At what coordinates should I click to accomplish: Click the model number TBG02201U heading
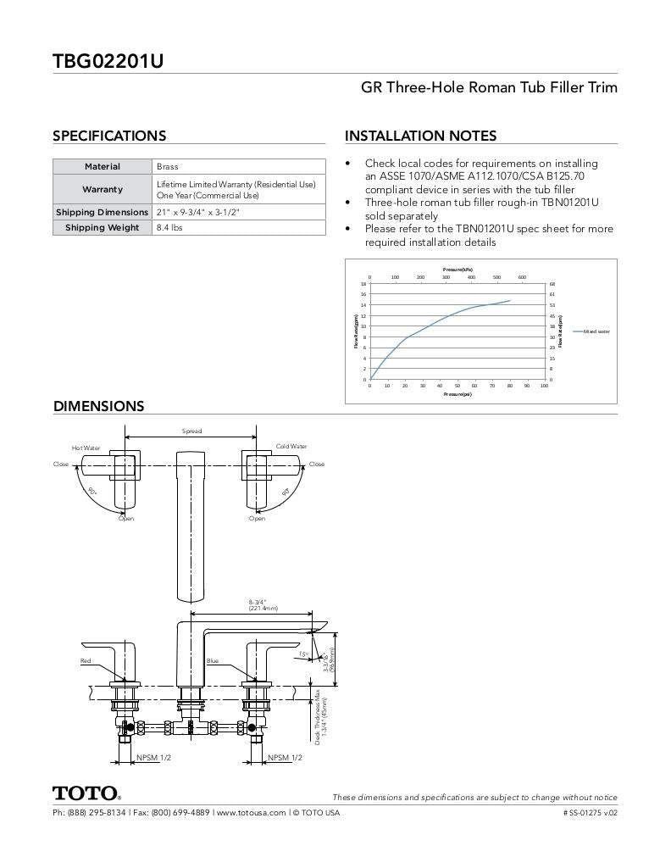(x=108, y=61)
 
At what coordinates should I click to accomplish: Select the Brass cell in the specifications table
(x=168, y=167)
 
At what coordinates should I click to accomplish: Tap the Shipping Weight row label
(x=103, y=227)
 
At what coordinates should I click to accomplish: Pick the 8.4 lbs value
(x=169, y=227)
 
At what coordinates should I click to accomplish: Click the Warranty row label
(x=103, y=189)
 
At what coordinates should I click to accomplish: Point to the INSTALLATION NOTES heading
(x=420, y=136)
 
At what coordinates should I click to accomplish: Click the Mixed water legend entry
(x=596, y=331)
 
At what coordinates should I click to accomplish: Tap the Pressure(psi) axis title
(x=457, y=394)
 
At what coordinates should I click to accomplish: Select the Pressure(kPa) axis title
(x=457, y=269)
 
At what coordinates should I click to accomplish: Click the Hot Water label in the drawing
(x=86, y=448)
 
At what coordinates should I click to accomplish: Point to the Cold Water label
(x=291, y=446)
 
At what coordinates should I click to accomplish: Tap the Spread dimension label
(x=192, y=431)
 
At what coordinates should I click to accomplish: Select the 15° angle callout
(x=302, y=654)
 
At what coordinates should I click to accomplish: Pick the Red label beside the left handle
(x=86, y=660)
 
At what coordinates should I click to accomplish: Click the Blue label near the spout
(x=212, y=660)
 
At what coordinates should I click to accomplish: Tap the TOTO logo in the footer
(x=86, y=793)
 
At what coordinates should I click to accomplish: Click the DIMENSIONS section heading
(x=98, y=406)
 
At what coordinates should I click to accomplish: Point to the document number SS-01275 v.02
(x=591, y=813)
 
